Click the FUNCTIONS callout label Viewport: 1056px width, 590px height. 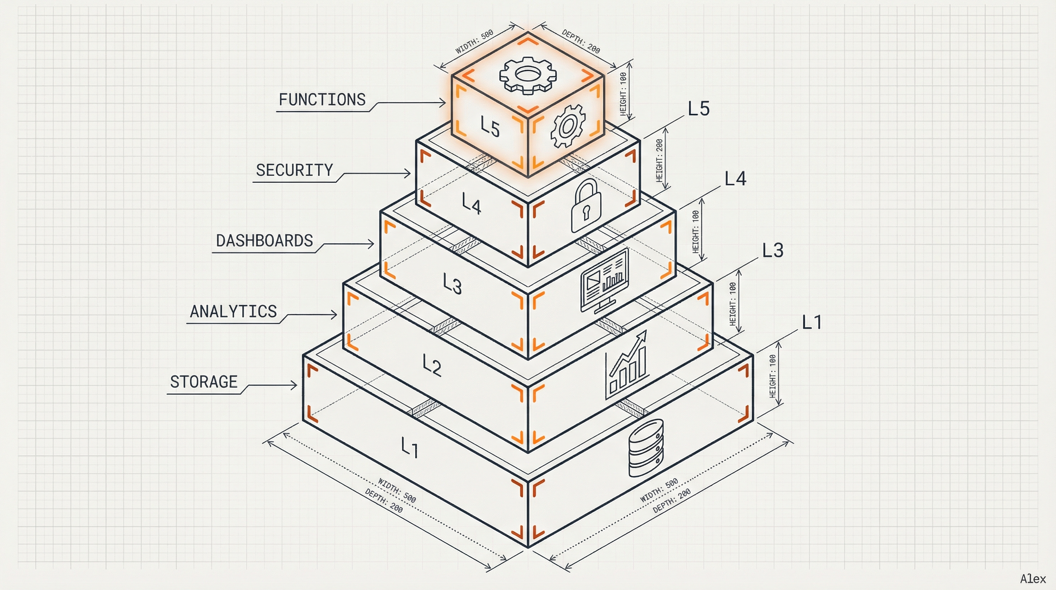coord(322,100)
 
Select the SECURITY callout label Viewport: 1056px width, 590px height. coord(294,170)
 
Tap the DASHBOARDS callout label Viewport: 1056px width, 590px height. coord(264,241)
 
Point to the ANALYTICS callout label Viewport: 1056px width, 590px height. coord(233,312)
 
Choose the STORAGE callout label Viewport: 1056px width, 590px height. coord(204,382)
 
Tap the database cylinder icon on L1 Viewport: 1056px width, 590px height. coord(646,448)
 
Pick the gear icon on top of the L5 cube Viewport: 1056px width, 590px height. coord(528,75)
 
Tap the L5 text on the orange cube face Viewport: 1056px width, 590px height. coord(490,126)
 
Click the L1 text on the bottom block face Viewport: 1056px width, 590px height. coord(409,447)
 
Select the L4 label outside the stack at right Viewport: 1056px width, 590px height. coord(736,179)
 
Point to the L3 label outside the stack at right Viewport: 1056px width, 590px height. coord(773,250)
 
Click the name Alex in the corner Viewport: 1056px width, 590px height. coord(1033,579)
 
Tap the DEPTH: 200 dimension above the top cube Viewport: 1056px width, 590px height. coord(581,41)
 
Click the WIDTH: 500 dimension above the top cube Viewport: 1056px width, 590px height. coord(474,41)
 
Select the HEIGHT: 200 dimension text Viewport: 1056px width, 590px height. coord(659,161)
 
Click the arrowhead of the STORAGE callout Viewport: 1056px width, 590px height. coord(294,385)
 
